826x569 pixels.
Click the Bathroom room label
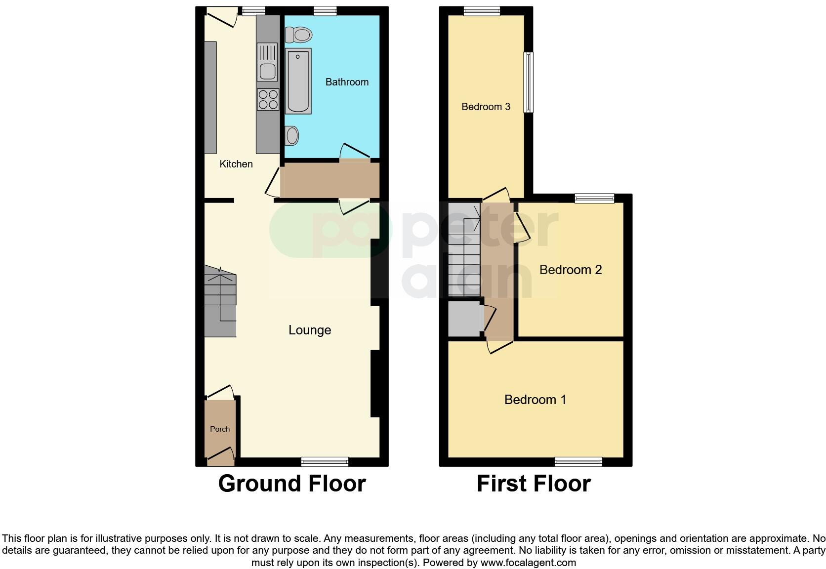click(x=347, y=82)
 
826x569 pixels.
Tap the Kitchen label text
click(x=236, y=164)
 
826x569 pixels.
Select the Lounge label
click(x=310, y=330)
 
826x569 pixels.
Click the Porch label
click(x=220, y=429)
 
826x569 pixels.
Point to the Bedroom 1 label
click(x=535, y=400)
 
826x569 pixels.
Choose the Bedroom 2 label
click(x=571, y=270)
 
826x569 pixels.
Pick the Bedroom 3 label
click(x=486, y=107)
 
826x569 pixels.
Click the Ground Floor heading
click(x=292, y=484)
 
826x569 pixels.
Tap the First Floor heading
click(x=534, y=484)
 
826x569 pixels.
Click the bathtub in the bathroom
click(x=298, y=81)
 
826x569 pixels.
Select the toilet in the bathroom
click(x=299, y=35)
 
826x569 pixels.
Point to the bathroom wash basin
click(x=292, y=135)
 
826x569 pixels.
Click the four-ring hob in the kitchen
click(x=268, y=99)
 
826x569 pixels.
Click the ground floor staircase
click(x=220, y=301)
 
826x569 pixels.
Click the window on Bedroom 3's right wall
click(x=529, y=82)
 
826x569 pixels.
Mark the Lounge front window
click(x=325, y=462)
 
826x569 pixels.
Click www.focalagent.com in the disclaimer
click(x=528, y=562)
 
